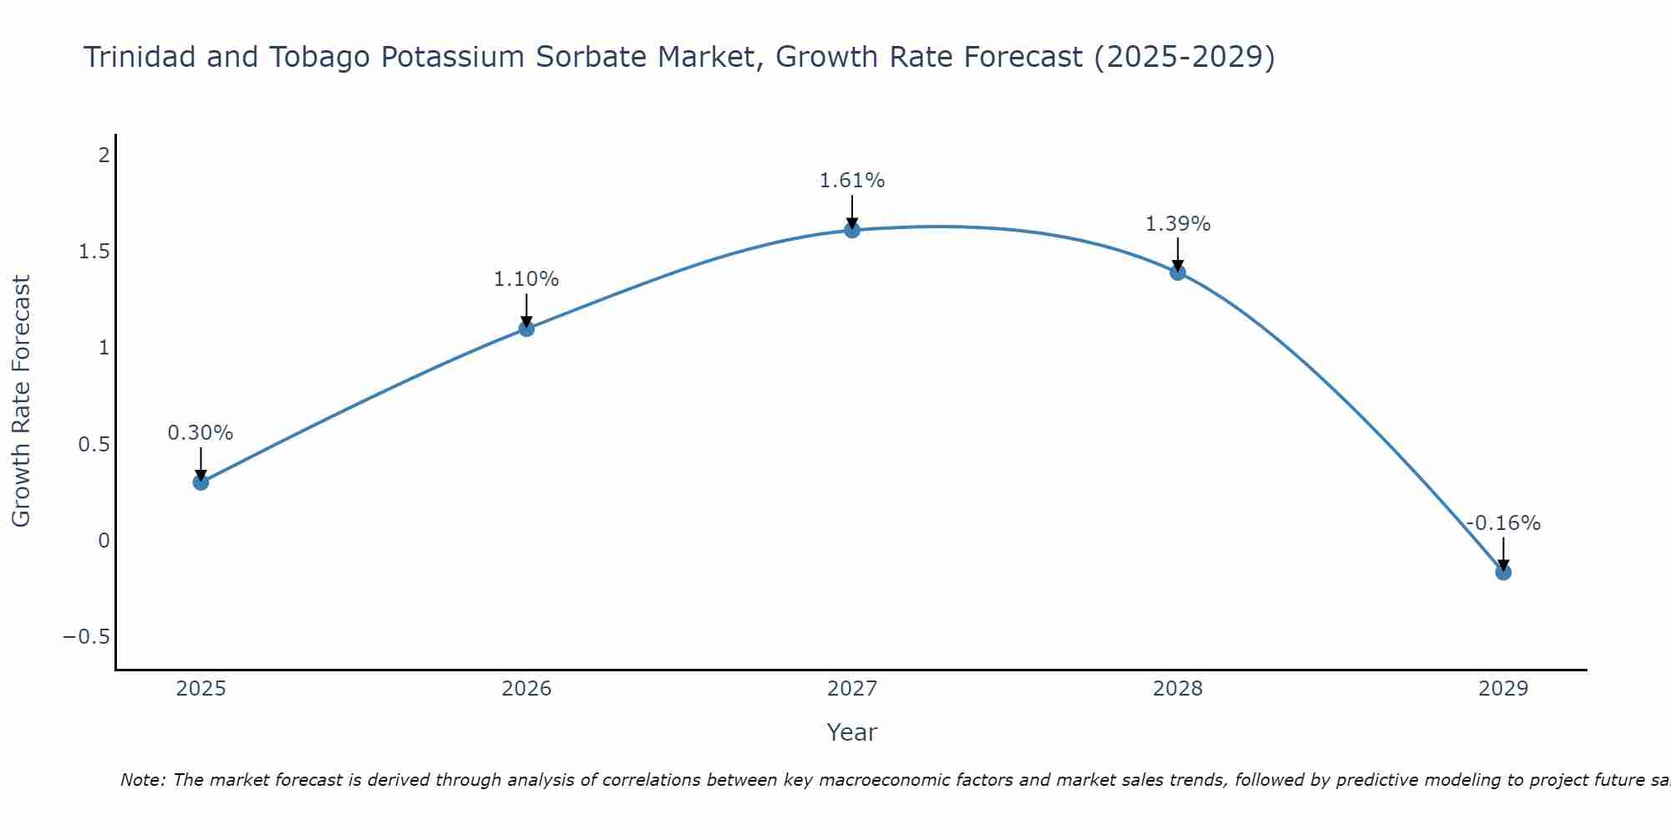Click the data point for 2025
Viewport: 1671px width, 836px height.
pos(201,482)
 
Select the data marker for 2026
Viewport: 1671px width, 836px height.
pos(526,329)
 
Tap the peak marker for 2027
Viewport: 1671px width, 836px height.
pos(852,230)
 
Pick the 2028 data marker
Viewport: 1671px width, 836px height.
pos(1178,273)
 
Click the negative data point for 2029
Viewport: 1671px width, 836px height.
pos(1503,572)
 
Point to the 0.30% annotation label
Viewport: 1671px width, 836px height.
pos(201,433)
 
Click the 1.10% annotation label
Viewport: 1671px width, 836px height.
pos(526,279)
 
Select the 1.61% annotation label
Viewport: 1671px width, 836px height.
pos(852,181)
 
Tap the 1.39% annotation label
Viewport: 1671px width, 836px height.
pos(1178,224)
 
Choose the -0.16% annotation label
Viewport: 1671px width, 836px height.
pos(1503,523)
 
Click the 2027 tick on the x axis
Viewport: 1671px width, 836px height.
pos(852,689)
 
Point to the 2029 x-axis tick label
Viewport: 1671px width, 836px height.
pos(1503,689)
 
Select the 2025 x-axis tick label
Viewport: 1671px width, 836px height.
pos(201,689)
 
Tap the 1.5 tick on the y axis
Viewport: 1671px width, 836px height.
pos(94,252)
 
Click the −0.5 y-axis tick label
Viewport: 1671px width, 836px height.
pos(87,637)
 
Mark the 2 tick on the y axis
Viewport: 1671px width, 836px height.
pos(104,155)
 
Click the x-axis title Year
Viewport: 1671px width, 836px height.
pos(851,732)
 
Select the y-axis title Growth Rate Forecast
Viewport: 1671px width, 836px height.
pos(21,401)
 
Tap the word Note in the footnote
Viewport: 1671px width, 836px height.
pos(142,780)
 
